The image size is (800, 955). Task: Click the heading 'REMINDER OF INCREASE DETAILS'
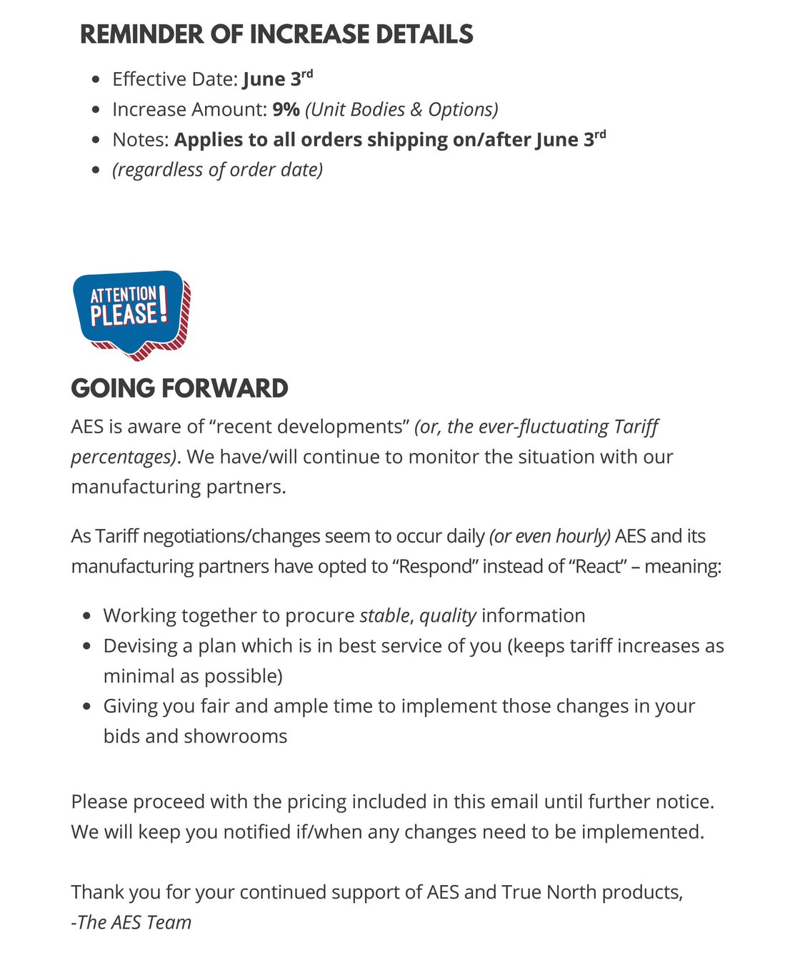[x=276, y=34]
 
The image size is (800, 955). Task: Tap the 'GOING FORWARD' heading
[x=179, y=388]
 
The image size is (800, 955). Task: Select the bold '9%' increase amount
[x=286, y=109]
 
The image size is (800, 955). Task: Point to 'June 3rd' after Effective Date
[x=277, y=79]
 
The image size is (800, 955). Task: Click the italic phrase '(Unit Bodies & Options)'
[x=401, y=109]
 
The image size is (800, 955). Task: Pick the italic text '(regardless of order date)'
[x=217, y=170]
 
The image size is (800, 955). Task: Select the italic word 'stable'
[x=384, y=615]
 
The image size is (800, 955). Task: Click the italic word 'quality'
[x=447, y=615]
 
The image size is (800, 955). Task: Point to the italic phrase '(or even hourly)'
[x=549, y=536]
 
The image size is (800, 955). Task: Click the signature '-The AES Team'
[x=131, y=922]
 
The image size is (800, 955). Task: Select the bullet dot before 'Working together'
[x=86, y=616]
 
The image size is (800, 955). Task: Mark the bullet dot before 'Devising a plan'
[x=86, y=646]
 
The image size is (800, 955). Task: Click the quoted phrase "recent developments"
[x=309, y=427]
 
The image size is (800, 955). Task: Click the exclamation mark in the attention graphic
[x=163, y=305]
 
